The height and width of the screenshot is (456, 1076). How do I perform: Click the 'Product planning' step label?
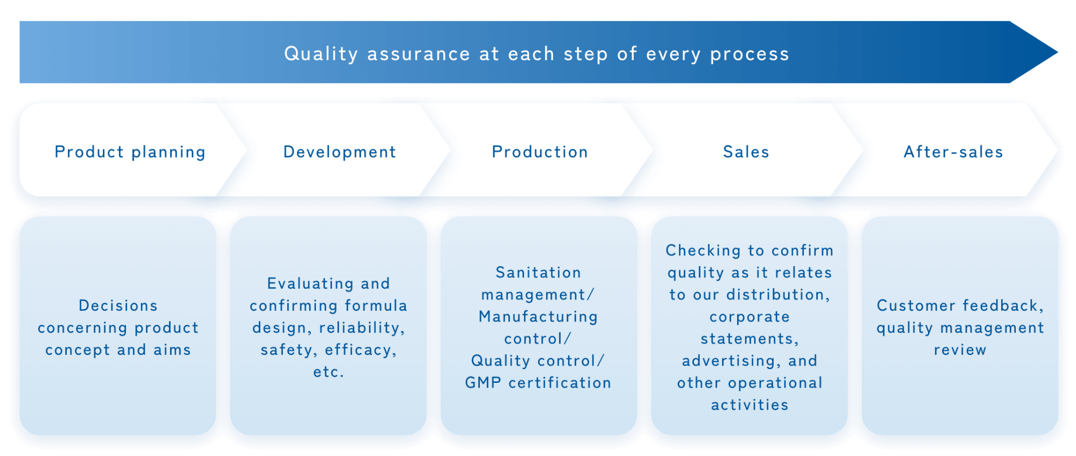click(x=130, y=152)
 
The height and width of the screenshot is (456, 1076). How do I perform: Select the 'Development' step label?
click(x=339, y=152)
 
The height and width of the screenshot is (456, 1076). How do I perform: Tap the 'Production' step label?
click(x=540, y=152)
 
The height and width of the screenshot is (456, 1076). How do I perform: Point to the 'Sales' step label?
click(x=746, y=152)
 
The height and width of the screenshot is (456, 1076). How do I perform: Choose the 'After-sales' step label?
click(x=953, y=152)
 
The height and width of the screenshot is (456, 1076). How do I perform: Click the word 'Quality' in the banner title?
click(x=321, y=54)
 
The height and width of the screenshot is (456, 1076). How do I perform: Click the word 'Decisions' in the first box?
click(x=118, y=305)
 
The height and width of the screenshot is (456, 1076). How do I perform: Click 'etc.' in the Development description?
click(x=328, y=372)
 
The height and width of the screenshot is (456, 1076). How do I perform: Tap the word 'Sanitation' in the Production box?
click(x=538, y=273)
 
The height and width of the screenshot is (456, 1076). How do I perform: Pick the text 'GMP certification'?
click(x=538, y=383)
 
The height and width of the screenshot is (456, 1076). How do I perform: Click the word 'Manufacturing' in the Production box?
click(x=538, y=317)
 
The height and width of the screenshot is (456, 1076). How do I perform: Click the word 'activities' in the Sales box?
click(x=749, y=405)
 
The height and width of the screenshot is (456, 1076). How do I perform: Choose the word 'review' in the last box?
click(x=960, y=350)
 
